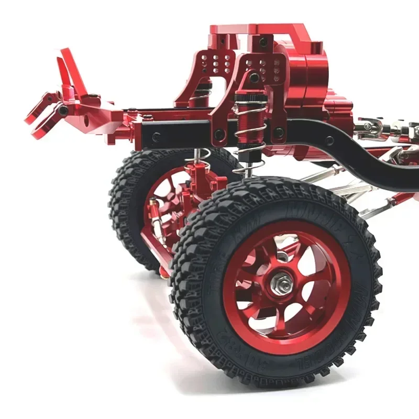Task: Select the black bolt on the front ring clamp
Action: click(63, 111)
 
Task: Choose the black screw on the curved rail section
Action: click(328, 140)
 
